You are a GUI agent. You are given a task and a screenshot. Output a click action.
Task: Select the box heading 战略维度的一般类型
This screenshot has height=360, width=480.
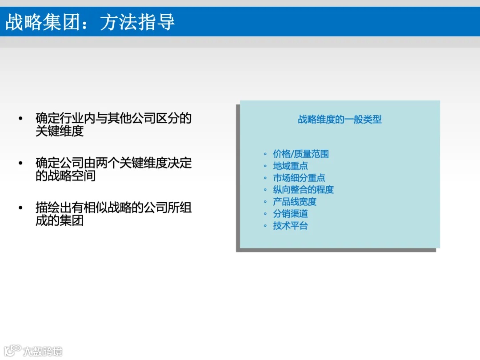tap(340, 120)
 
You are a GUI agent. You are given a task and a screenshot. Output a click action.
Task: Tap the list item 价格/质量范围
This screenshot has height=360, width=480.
tap(301, 154)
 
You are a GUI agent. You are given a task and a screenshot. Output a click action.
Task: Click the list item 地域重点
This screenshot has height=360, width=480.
tap(290, 166)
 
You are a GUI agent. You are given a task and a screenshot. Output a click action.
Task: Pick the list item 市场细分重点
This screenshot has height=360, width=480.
tap(299, 178)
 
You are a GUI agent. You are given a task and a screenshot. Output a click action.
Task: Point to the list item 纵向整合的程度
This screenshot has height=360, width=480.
tap(303, 190)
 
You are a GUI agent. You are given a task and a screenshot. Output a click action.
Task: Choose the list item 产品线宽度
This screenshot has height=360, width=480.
tap(295, 202)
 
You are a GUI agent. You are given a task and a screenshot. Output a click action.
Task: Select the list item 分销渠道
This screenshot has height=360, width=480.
tap(290, 214)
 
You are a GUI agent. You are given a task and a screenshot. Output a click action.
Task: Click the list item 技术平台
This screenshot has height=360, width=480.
tap(290, 226)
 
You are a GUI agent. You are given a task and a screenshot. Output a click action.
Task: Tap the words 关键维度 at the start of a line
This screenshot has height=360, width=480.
tap(60, 131)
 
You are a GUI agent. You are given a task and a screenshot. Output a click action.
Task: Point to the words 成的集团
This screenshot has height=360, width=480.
tap(60, 220)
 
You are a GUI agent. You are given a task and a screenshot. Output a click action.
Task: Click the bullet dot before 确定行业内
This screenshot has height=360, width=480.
tap(20, 119)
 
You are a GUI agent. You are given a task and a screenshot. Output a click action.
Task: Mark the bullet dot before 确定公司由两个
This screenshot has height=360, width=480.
tap(20, 163)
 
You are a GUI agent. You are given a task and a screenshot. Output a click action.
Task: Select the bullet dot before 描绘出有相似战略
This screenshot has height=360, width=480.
tap(20, 208)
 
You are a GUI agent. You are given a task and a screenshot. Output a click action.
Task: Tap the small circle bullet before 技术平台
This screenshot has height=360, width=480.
tap(265, 226)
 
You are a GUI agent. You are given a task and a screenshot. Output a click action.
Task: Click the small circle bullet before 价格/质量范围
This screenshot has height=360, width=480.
tap(265, 154)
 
